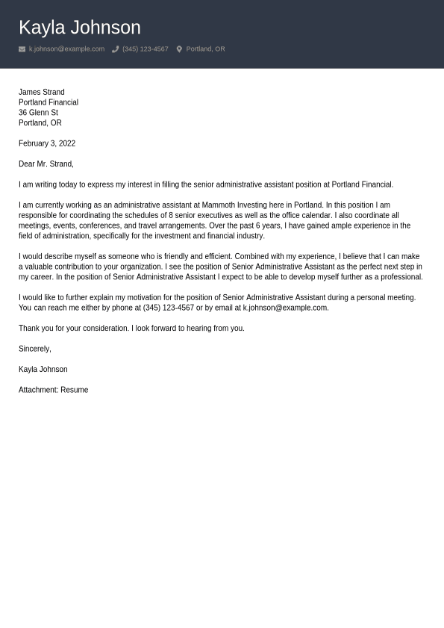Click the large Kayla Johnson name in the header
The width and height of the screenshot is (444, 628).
click(x=79, y=28)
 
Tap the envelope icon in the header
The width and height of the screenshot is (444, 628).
click(x=22, y=49)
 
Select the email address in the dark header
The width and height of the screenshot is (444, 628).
click(x=66, y=49)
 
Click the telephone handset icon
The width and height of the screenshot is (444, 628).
click(x=115, y=49)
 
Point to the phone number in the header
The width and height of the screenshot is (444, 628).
click(x=145, y=49)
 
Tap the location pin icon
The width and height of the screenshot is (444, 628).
click(x=179, y=49)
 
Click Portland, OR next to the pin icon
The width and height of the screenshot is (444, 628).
click(x=205, y=49)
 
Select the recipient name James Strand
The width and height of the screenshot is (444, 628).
click(x=41, y=92)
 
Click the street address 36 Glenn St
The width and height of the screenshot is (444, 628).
click(x=38, y=113)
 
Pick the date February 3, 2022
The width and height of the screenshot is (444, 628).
click(x=47, y=143)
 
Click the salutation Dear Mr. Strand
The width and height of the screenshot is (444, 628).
click(x=46, y=164)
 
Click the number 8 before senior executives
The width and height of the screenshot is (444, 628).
click(x=171, y=215)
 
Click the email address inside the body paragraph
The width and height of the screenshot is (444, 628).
click(x=284, y=308)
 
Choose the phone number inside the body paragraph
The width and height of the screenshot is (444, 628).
click(x=168, y=308)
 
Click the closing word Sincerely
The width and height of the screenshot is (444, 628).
click(x=34, y=349)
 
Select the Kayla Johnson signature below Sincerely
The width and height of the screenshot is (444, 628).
click(x=43, y=370)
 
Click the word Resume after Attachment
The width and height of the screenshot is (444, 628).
click(x=74, y=390)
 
